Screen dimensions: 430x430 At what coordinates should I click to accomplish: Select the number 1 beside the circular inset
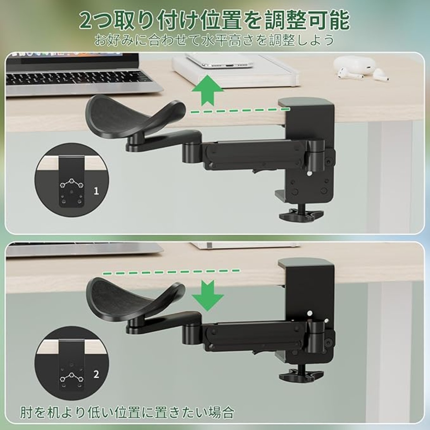[96, 191]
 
